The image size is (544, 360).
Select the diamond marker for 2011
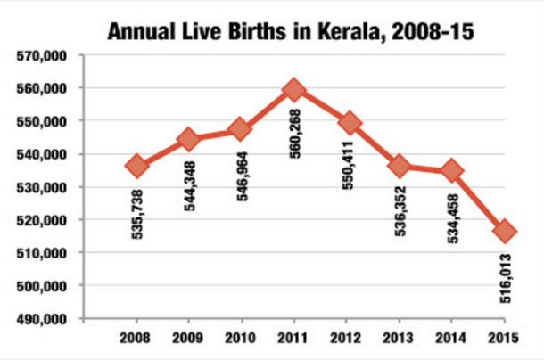pyautogui.click(x=294, y=90)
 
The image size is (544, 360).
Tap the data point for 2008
pyautogui.click(x=136, y=165)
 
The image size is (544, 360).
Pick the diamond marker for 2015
pyautogui.click(x=506, y=231)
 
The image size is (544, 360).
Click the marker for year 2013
pyautogui.click(x=400, y=165)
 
